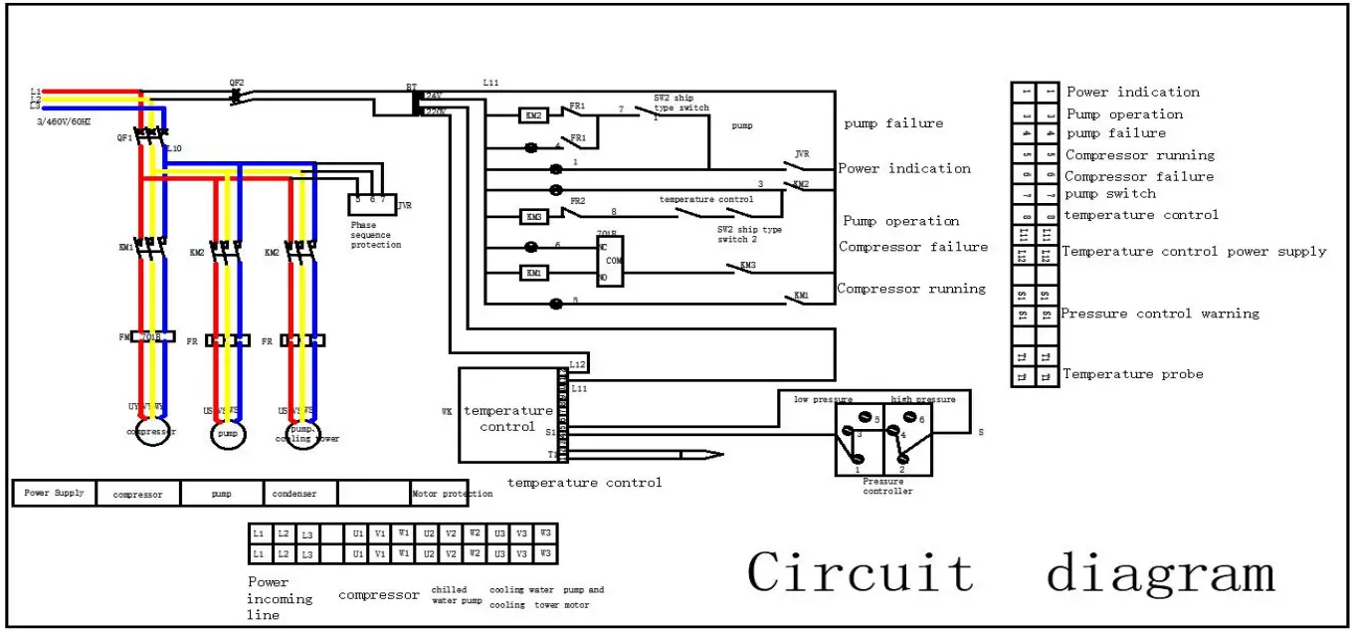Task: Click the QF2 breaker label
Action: [236, 83]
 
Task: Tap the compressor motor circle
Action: [153, 433]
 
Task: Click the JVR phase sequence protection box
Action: [372, 204]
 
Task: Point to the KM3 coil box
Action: [534, 216]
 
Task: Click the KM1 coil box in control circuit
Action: [534, 272]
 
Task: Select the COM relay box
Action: [608, 261]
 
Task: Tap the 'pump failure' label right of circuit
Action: [892, 123]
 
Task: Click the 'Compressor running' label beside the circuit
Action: [910, 289]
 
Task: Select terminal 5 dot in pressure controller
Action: [865, 418]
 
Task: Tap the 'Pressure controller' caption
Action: [887, 487]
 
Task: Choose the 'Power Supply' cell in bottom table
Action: [54, 493]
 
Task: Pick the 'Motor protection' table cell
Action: [451, 494]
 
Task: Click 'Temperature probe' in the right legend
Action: [1132, 374]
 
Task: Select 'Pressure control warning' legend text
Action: [1159, 314]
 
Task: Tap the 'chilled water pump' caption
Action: [456, 595]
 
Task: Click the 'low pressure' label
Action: [822, 399]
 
